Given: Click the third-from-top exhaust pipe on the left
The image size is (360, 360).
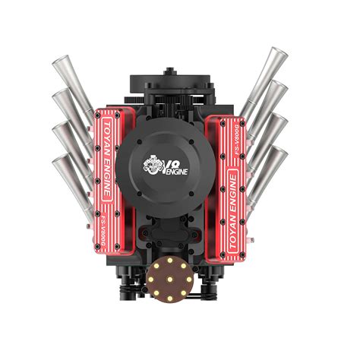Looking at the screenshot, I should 72,144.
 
